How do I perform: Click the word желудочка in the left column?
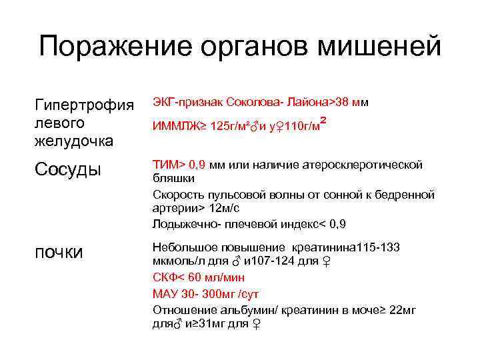point(74,141)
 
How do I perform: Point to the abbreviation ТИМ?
point(165,164)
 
